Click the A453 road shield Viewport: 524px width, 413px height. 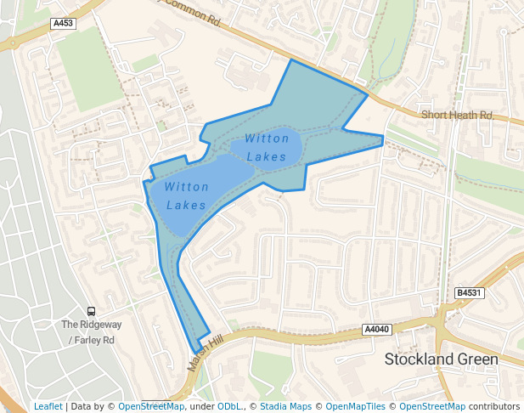coord(63,24)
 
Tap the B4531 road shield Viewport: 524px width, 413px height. coord(469,293)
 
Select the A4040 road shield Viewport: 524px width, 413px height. coord(376,330)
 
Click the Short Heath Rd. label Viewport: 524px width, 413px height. coord(458,115)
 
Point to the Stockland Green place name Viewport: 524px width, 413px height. coord(441,359)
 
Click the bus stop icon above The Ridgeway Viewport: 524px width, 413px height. coord(91,311)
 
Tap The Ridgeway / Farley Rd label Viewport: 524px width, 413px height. coord(91,332)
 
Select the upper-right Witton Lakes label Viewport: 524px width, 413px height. coord(267,147)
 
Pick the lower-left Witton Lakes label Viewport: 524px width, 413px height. coord(187,195)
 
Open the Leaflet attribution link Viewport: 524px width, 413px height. coord(48,406)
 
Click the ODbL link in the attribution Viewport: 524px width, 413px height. coord(229,406)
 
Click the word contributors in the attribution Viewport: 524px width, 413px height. coord(494,406)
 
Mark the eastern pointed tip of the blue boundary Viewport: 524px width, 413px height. coord(384,136)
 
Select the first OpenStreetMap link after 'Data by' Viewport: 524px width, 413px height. coord(151,406)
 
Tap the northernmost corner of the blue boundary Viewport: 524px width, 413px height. coord(291,59)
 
